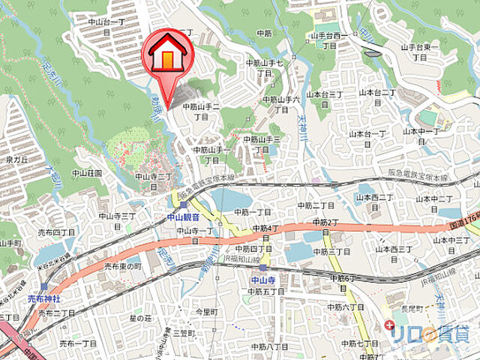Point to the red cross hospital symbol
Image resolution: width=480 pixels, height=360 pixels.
[x=388, y=325]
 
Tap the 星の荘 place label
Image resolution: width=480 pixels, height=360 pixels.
[x=141, y=319]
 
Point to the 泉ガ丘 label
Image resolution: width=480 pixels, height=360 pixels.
[x=16, y=159]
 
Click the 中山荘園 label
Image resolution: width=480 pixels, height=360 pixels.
[x=87, y=173]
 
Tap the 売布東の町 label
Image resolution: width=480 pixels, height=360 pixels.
[x=123, y=266]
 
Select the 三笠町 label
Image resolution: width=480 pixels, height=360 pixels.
[x=183, y=332]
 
